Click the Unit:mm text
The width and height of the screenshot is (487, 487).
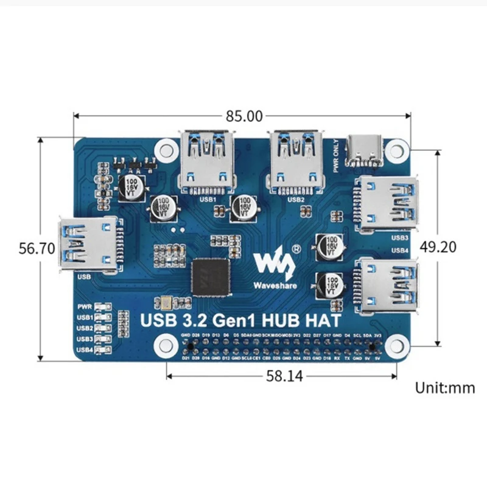pos(444,388)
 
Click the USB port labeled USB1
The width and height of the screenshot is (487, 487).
pos(208,159)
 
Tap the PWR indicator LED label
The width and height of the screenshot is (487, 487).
pos(85,307)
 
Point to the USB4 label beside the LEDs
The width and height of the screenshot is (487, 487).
pos(85,350)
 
